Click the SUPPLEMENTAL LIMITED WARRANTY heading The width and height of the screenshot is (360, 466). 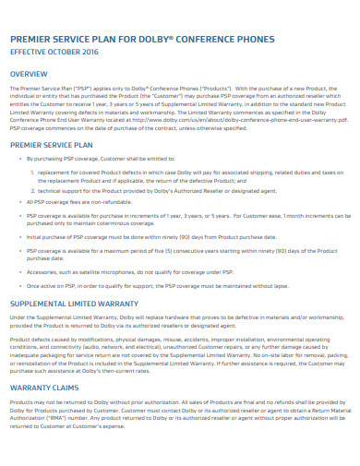coord(75,303)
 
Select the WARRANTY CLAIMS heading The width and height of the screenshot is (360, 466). coord(47,388)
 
